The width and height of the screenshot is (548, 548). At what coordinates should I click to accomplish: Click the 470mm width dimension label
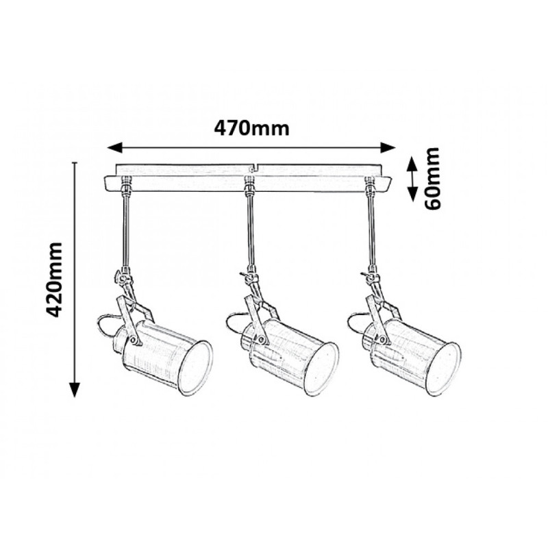tap(251, 128)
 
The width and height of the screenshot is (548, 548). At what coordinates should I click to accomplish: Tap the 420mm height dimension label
tap(55, 280)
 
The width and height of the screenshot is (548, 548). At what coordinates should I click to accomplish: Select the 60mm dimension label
tap(432, 179)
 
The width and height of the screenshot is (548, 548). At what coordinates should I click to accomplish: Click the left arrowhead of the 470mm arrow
tap(114, 147)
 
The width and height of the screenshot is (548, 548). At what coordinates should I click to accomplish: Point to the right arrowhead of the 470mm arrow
tap(388, 147)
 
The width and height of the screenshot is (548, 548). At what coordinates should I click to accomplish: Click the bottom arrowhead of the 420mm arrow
tap(75, 390)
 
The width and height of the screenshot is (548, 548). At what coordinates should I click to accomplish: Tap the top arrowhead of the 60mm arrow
tap(412, 163)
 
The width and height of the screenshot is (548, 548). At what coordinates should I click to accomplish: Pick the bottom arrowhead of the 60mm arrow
tap(412, 195)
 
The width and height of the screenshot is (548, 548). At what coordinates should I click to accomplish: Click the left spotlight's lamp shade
tap(164, 356)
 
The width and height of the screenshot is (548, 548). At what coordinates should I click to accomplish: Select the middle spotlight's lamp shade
tap(290, 356)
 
